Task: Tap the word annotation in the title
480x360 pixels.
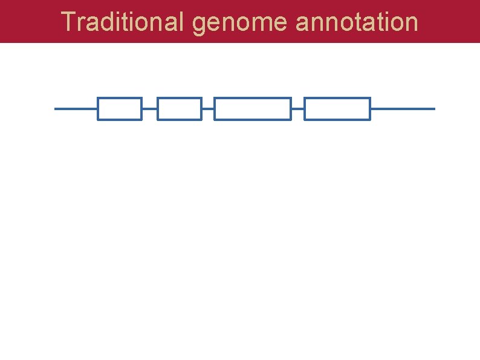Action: (357, 22)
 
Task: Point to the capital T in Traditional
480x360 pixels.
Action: (68, 22)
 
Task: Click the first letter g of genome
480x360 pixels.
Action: (199, 24)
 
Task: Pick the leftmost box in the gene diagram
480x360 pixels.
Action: (120, 109)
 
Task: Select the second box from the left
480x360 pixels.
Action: (179, 109)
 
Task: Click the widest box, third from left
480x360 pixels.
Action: (253, 109)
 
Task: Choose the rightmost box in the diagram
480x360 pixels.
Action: (337, 109)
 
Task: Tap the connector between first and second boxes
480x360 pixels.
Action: (149, 109)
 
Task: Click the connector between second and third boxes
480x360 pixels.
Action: (208, 109)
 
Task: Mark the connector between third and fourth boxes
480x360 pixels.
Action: (297, 109)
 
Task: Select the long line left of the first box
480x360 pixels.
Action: (76, 109)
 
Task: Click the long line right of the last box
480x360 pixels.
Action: (403, 109)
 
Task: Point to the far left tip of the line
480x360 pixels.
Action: (56, 109)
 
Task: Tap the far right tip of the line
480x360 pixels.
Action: (433, 109)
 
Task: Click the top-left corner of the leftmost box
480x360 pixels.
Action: (99, 98)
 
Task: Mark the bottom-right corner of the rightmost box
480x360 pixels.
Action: (369, 119)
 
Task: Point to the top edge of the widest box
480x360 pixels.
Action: (253, 98)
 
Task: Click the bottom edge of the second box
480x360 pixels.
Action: (179, 119)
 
